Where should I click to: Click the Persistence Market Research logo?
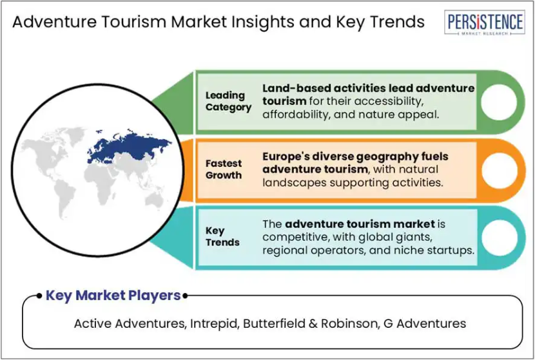click(x=485, y=23)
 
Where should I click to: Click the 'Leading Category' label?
click(x=228, y=101)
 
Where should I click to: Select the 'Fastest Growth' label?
click(x=224, y=169)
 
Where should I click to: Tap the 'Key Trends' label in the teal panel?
click(x=222, y=236)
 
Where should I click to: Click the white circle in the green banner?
click(x=499, y=102)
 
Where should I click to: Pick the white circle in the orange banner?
click(x=499, y=171)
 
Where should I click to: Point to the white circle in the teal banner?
click(x=499, y=238)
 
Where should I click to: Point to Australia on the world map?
click(x=154, y=200)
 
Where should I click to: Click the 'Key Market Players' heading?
click(x=113, y=295)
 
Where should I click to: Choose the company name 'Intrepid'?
click(x=213, y=323)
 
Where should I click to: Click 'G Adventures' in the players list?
click(x=425, y=323)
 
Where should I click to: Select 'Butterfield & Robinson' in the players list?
click(x=309, y=323)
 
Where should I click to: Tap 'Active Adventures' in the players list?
click(x=130, y=323)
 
